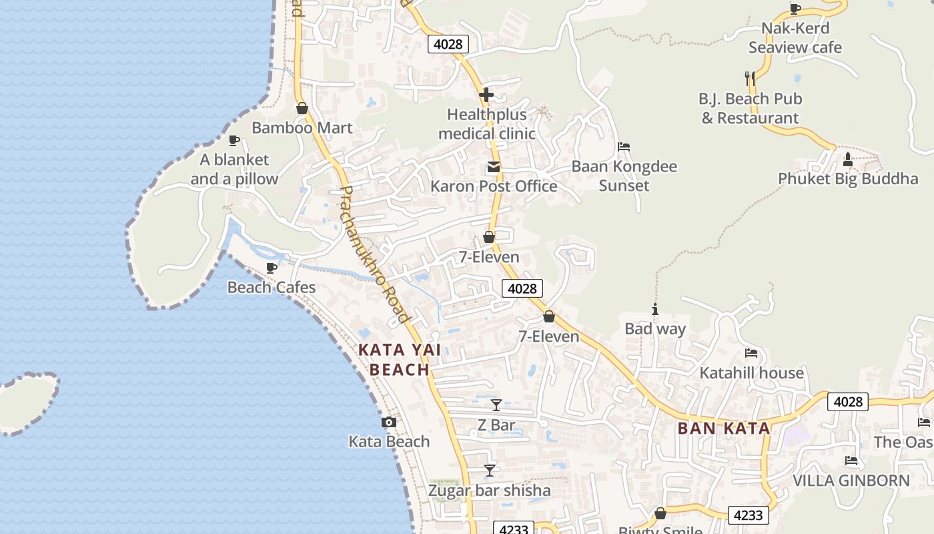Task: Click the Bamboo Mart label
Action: pyautogui.click(x=302, y=127)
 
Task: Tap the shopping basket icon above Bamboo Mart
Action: pyautogui.click(x=302, y=108)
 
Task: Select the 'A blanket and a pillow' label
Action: pyautogui.click(x=234, y=170)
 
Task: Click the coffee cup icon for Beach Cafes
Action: pyautogui.click(x=272, y=268)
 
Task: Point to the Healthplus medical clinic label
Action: pyautogui.click(x=487, y=124)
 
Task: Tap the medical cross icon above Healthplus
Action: pyautogui.click(x=486, y=95)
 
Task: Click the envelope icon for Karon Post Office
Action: pyautogui.click(x=494, y=167)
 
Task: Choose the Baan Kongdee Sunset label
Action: pyautogui.click(x=624, y=176)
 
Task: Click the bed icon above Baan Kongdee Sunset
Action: pyautogui.click(x=624, y=147)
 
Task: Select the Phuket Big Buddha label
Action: pyautogui.click(x=848, y=179)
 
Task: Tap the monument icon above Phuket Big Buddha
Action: pyautogui.click(x=848, y=160)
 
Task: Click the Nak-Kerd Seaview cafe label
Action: pyautogui.click(x=795, y=38)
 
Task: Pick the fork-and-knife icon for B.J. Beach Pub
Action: pyautogui.click(x=750, y=78)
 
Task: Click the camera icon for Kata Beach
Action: pyautogui.click(x=389, y=423)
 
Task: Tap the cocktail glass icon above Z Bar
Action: pyautogui.click(x=496, y=405)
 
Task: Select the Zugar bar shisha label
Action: pyautogui.click(x=490, y=491)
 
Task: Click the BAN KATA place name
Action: pyautogui.click(x=724, y=429)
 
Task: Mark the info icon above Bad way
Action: pyautogui.click(x=655, y=310)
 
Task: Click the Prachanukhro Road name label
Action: pyautogui.click(x=374, y=254)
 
